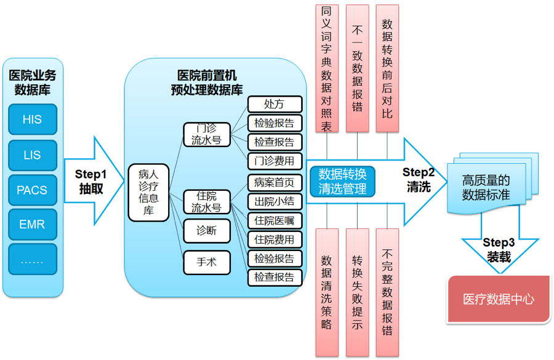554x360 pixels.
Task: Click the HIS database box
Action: coord(32,119)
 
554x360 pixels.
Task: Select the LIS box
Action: coord(32,156)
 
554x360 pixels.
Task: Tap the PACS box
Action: coord(32,190)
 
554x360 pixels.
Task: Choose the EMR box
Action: coord(32,225)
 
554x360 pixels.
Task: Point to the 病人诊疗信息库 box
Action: coord(148,193)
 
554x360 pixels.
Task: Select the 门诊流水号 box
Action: coord(206,135)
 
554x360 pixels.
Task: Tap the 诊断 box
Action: coord(206,231)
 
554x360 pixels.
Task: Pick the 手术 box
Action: coord(206,262)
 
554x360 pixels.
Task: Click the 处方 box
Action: coord(275,104)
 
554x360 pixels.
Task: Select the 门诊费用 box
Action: coord(275,161)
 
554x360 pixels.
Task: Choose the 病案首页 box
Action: coord(275,182)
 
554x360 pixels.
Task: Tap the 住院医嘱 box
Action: coord(275,220)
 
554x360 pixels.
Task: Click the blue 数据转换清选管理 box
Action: coord(342,181)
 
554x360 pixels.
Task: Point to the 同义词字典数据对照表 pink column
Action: coord(326,68)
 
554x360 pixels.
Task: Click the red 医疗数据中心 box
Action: coord(498,300)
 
